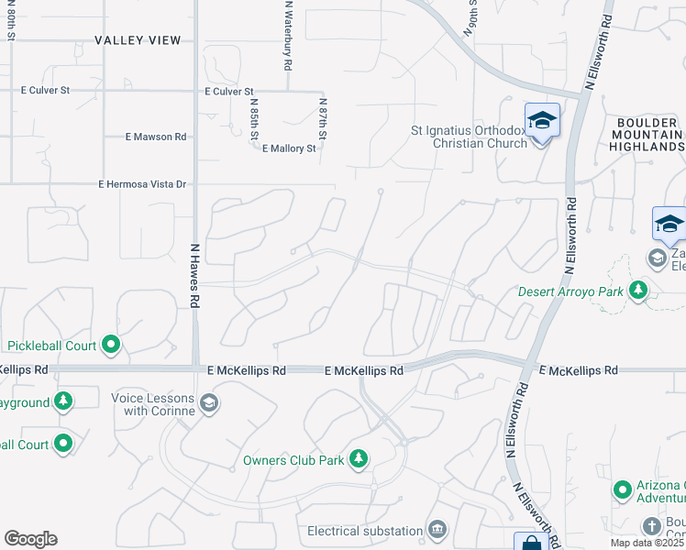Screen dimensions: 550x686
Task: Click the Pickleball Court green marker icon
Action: tap(111, 346)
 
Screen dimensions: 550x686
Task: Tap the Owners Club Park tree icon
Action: tap(359, 457)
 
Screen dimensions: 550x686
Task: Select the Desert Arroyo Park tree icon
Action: tap(637, 291)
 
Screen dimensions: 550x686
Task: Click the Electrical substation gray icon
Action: tap(437, 530)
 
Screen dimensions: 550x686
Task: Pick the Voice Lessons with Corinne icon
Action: tap(208, 402)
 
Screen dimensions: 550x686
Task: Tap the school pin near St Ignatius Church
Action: tap(541, 121)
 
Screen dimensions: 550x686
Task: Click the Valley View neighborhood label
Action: tap(138, 40)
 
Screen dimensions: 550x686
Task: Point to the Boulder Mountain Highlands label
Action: tap(649, 134)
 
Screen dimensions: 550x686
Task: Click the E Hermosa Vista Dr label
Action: tap(142, 184)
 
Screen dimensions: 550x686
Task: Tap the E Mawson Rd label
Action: tap(156, 137)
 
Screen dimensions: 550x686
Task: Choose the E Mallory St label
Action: tap(289, 148)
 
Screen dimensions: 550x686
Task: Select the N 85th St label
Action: tap(253, 119)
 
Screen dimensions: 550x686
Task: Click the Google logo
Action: tap(30, 539)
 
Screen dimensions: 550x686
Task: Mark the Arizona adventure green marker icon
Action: tap(623, 490)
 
